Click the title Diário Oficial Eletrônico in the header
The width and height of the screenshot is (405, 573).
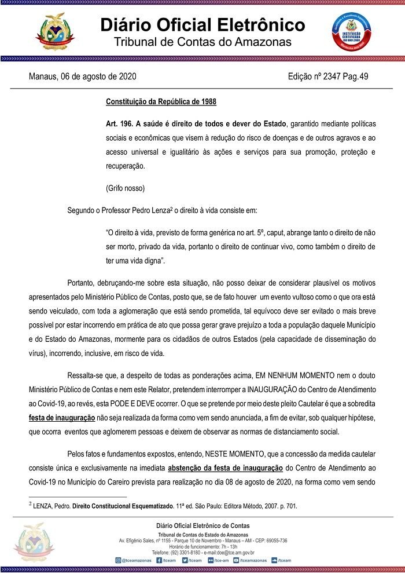[x=203, y=25]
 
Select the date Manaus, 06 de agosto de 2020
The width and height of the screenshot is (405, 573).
[x=83, y=76]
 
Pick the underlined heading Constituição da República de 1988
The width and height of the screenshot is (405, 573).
[x=161, y=102]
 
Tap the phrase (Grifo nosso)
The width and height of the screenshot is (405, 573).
[x=125, y=188]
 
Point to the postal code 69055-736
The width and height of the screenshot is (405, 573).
[x=273, y=540]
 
